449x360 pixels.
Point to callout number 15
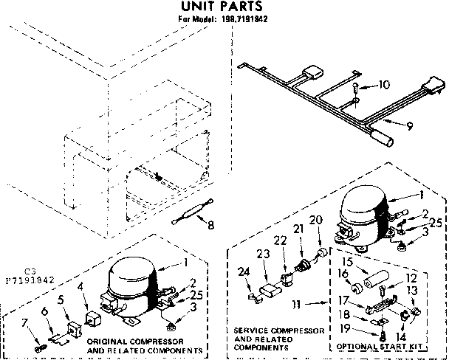pyautogui.click(x=344, y=261)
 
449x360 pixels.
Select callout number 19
pyautogui.click(x=344, y=330)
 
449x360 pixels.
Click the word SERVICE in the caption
pyautogui.click(x=252, y=330)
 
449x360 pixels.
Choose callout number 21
pyautogui.click(x=298, y=230)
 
